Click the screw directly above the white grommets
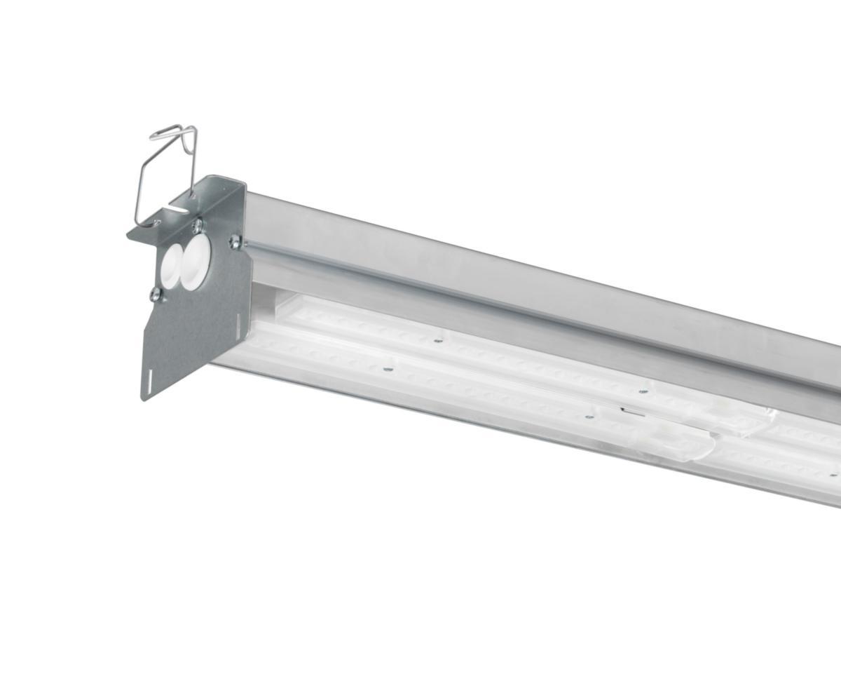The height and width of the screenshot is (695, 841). coord(198,225)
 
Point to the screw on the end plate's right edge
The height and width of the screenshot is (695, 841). coord(234,243)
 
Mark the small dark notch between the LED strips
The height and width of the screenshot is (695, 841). coord(623,408)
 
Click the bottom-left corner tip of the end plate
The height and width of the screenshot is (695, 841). coord(144,400)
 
